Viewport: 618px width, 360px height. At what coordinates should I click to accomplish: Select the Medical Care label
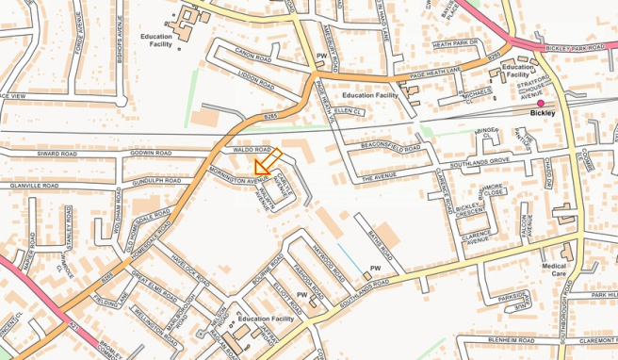click(554, 270)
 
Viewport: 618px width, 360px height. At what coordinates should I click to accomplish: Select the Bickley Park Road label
click(574, 47)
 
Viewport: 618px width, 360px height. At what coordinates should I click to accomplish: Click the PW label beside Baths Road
click(375, 269)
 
